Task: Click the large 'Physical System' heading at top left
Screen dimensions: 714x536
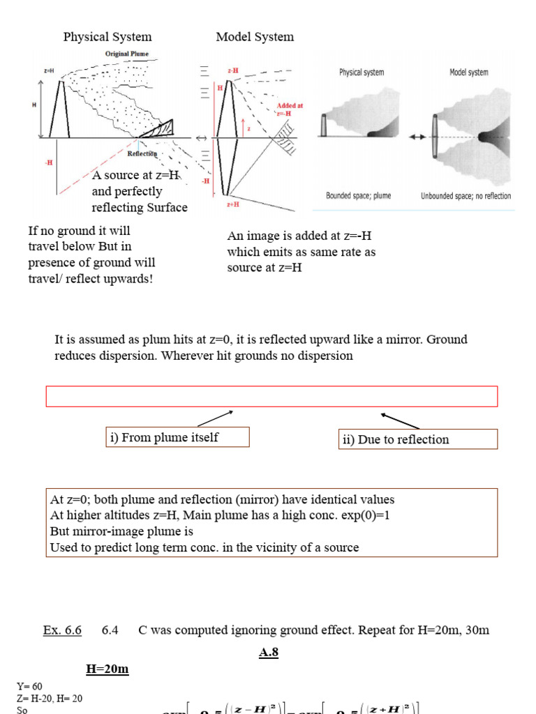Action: coord(107,37)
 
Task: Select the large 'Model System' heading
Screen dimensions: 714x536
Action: coord(255,37)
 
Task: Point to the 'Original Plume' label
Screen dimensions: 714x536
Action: coord(126,54)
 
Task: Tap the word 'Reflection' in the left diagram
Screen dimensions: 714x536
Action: coord(142,154)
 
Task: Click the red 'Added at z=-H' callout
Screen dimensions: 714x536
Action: coord(289,109)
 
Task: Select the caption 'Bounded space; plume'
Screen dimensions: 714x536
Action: coord(358,196)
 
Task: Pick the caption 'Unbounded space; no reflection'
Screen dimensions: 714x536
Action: coord(466,196)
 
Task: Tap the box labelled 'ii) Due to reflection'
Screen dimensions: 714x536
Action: coord(417,439)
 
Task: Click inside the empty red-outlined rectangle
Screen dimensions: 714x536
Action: coord(271,396)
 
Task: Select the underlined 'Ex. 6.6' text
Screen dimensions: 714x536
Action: coord(62,630)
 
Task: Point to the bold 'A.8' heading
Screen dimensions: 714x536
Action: coord(269,653)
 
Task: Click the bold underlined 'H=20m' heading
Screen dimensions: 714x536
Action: coord(107,669)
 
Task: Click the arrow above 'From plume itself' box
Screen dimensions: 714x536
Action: coord(216,418)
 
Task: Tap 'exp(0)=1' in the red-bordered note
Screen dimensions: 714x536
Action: coord(343,515)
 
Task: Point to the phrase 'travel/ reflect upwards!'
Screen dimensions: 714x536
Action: coord(90,279)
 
